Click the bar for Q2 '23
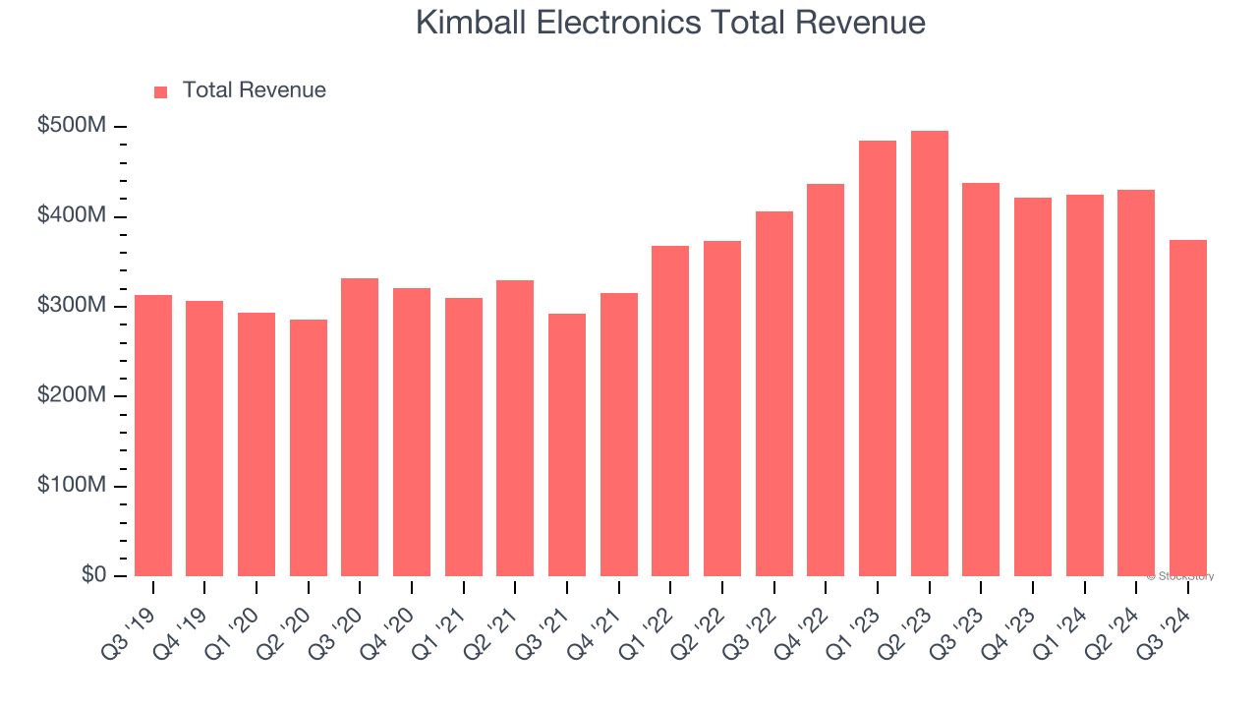click(x=929, y=354)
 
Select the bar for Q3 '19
click(x=153, y=436)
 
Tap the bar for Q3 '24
click(x=1187, y=408)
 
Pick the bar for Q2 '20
click(x=309, y=447)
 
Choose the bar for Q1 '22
click(x=670, y=411)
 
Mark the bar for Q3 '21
click(x=567, y=444)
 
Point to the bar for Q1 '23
click(x=878, y=359)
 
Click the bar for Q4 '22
click(x=826, y=381)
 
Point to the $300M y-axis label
click(x=73, y=306)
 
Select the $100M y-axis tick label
click(x=73, y=486)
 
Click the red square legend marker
click(x=161, y=91)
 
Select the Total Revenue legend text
click(x=254, y=90)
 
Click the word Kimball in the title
click(x=467, y=23)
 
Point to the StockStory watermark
click(x=1180, y=576)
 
